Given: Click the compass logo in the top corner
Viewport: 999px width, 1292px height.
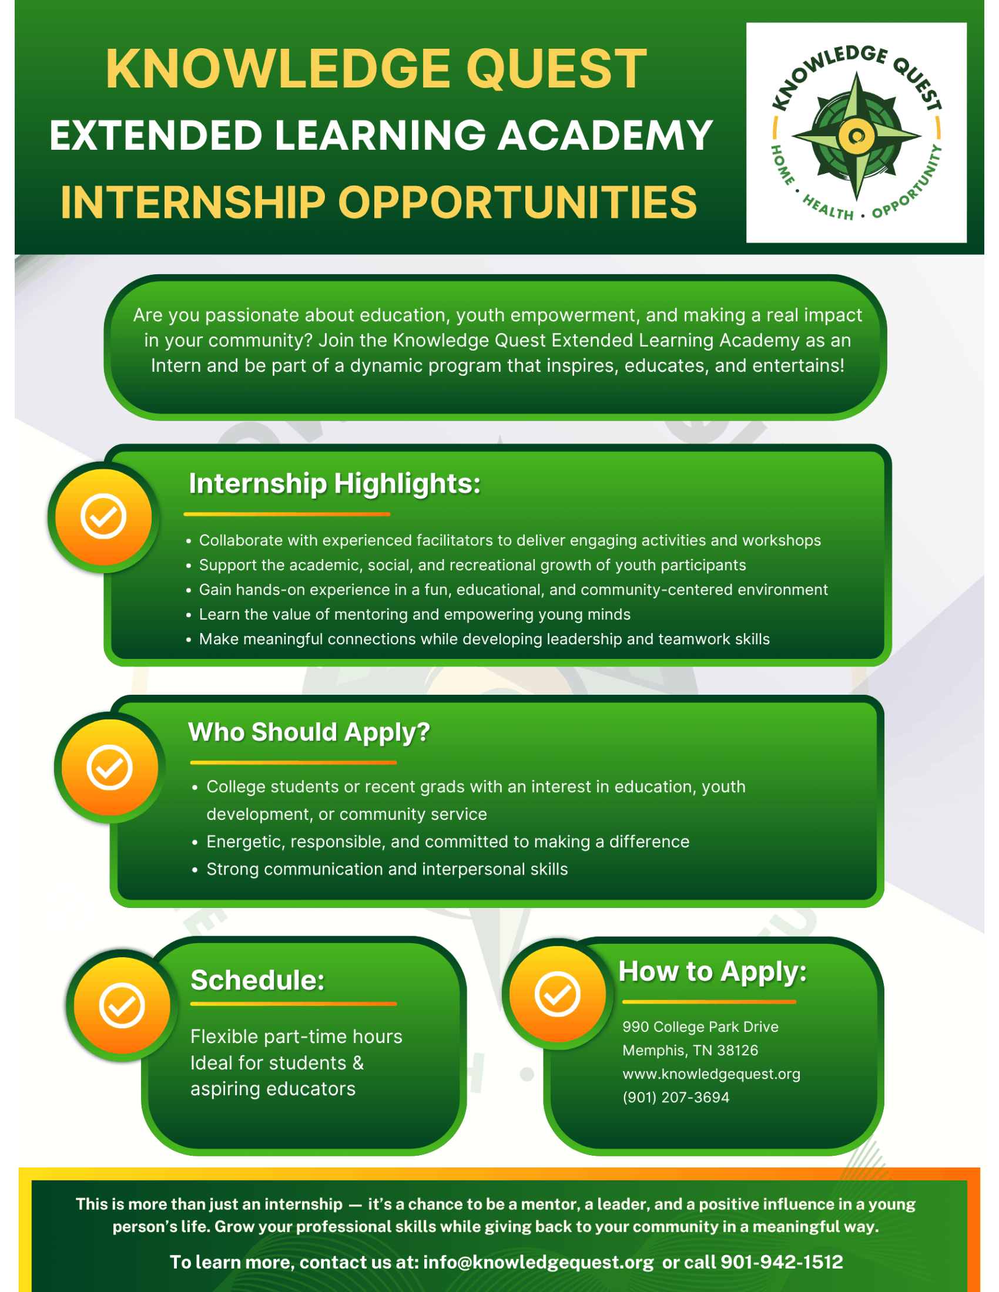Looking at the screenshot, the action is (x=856, y=133).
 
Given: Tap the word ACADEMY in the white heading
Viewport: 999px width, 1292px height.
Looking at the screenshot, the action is (x=605, y=136).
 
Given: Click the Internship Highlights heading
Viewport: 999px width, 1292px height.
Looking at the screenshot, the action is (x=334, y=483).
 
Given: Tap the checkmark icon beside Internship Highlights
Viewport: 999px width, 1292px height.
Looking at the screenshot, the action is (x=103, y=517).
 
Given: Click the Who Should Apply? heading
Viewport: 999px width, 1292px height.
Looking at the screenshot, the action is (x=309, y=732).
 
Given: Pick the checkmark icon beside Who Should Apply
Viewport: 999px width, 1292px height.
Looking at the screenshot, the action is (x=109, y=768).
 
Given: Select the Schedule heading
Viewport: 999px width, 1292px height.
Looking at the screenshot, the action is (x=257, y=980).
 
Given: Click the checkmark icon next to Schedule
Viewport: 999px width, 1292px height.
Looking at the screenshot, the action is (x=122, y=1005).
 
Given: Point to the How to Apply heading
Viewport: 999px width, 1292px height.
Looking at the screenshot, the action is (x=713, y=972).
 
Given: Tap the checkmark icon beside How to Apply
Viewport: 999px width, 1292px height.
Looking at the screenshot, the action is (x=558, y=994).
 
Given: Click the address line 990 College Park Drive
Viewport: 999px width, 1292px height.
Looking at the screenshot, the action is (x=700, y=1027).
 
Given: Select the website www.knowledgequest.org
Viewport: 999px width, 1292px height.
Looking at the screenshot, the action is (x=712, y=1074).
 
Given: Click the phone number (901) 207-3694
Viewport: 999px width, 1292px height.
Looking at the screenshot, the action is (x=676, y=1098).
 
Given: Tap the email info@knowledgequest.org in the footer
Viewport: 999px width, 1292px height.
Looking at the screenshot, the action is (x=538, y=1263).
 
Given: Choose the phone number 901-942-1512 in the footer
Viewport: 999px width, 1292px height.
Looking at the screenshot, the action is (x=781, y=1262).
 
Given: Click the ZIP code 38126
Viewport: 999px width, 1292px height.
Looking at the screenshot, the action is (x=737, y=1051).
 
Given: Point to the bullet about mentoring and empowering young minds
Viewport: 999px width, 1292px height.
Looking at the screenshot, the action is (x=414, y=615).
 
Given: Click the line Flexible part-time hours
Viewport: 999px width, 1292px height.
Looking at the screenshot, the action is (x=297, y=1037).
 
